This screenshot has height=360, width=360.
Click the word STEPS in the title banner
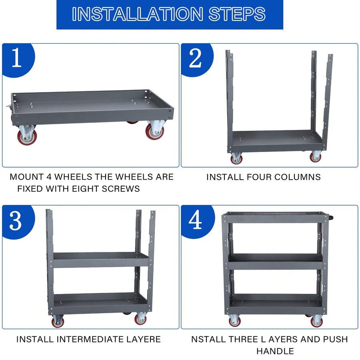pos(237,14)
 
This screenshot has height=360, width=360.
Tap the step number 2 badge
pos(195,58)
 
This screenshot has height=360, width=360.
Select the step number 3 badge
pos(16,221)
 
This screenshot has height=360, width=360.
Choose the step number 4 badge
pos(195,221)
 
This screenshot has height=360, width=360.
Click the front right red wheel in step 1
pos(155,132)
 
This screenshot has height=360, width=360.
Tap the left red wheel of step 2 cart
pos(236,158)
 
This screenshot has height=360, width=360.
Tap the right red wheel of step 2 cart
pos(316,157)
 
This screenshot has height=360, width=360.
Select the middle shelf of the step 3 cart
pos(101,260)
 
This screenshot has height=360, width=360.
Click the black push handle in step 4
pos(331,218)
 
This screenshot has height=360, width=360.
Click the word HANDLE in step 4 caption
pos(275,351)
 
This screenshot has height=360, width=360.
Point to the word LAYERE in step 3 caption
pos(144,339)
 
